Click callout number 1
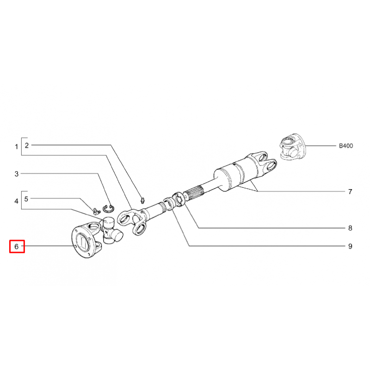(x=16, y=147)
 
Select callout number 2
(x=27, y=145)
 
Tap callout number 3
(x=16, y=174)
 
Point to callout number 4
(x=16, y=201)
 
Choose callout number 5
(x=26, y=199)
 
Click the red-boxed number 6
(x=16, y=247)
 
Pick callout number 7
(x=350, y=191)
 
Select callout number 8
(x=350, y=228)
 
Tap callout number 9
(x=350, y=246)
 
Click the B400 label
(x=346, y=146)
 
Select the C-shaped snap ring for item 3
(x=108, y=208)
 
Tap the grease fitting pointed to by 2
(x=142, y=200)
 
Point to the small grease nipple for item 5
(x=97, y=211)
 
